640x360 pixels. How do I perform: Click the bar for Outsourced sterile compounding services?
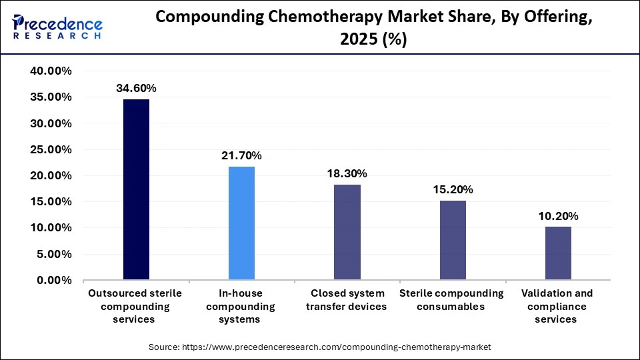[x=136, y=189]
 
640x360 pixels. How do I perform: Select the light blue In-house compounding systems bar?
[x=241, y=223]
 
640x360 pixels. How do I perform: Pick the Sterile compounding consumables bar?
[x=452, y=240]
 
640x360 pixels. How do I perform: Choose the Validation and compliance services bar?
[x=558, y=253]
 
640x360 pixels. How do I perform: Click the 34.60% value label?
[x=136, y=88]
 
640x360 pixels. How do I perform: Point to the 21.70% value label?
[x=241, y=155]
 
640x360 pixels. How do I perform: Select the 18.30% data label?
[x=347, y=173]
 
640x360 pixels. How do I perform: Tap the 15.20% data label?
[x=452, y=189]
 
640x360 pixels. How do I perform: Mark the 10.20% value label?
[x=558, y=216]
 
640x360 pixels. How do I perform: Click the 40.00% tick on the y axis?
[x=51, y=71]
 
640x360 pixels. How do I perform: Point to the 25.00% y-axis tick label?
[x=51, y=150]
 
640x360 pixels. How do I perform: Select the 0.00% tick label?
[x=54, y=281]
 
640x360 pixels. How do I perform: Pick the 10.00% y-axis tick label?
[x=51, y=228]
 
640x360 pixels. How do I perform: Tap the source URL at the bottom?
[x=319, y=347]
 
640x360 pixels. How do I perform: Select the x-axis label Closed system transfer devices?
[x=347, y=300]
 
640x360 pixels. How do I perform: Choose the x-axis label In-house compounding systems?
[x=241, y=306]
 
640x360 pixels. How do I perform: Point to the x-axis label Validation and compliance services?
[x=558, y=306]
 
